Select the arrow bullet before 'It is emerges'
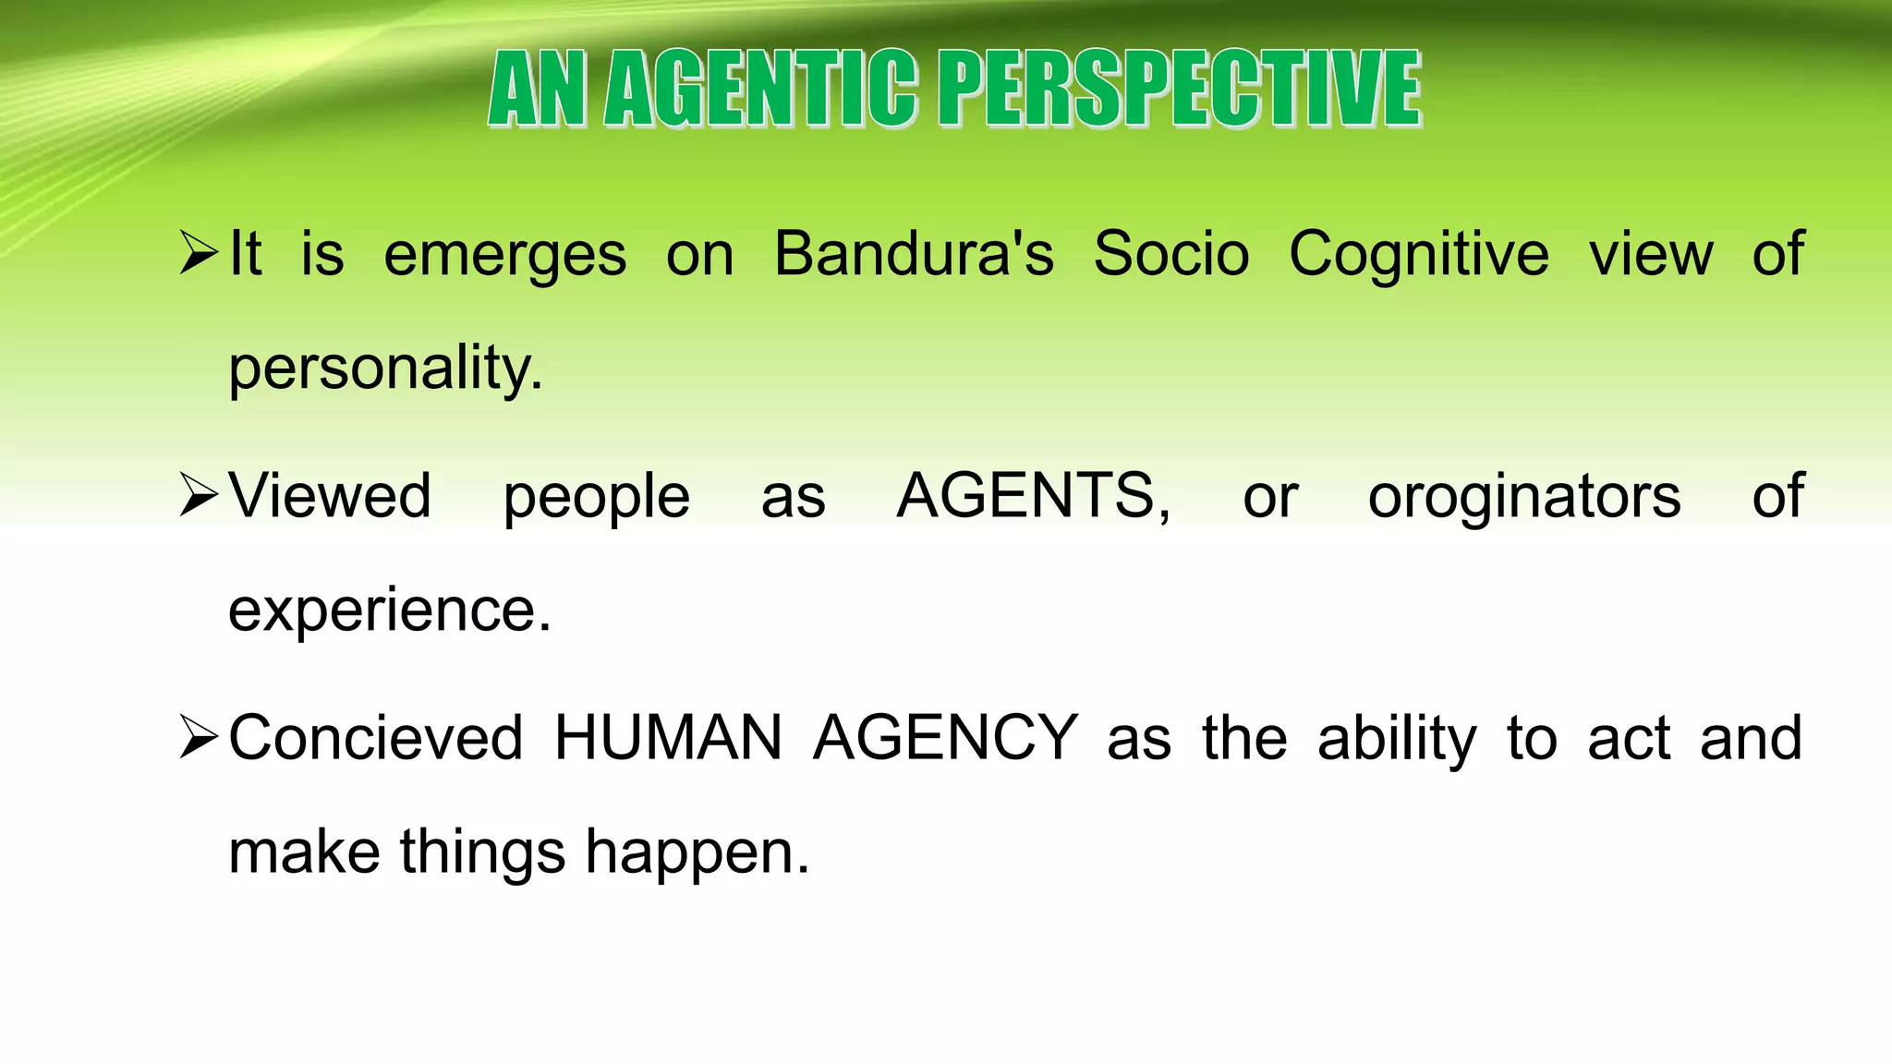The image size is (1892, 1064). [199, 253]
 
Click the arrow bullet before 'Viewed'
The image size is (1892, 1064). [199, 495]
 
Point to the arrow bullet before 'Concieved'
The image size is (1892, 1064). [199, 737]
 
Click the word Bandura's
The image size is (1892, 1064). [913, 253]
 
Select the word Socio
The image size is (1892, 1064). [1170, 253]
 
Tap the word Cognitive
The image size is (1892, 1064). [1418, 255]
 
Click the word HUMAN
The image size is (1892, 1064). [668, 737]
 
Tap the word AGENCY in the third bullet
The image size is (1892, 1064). [945, 737]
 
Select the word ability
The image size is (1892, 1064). [1397, 739]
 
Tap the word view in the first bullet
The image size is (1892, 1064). [1650, 253]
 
